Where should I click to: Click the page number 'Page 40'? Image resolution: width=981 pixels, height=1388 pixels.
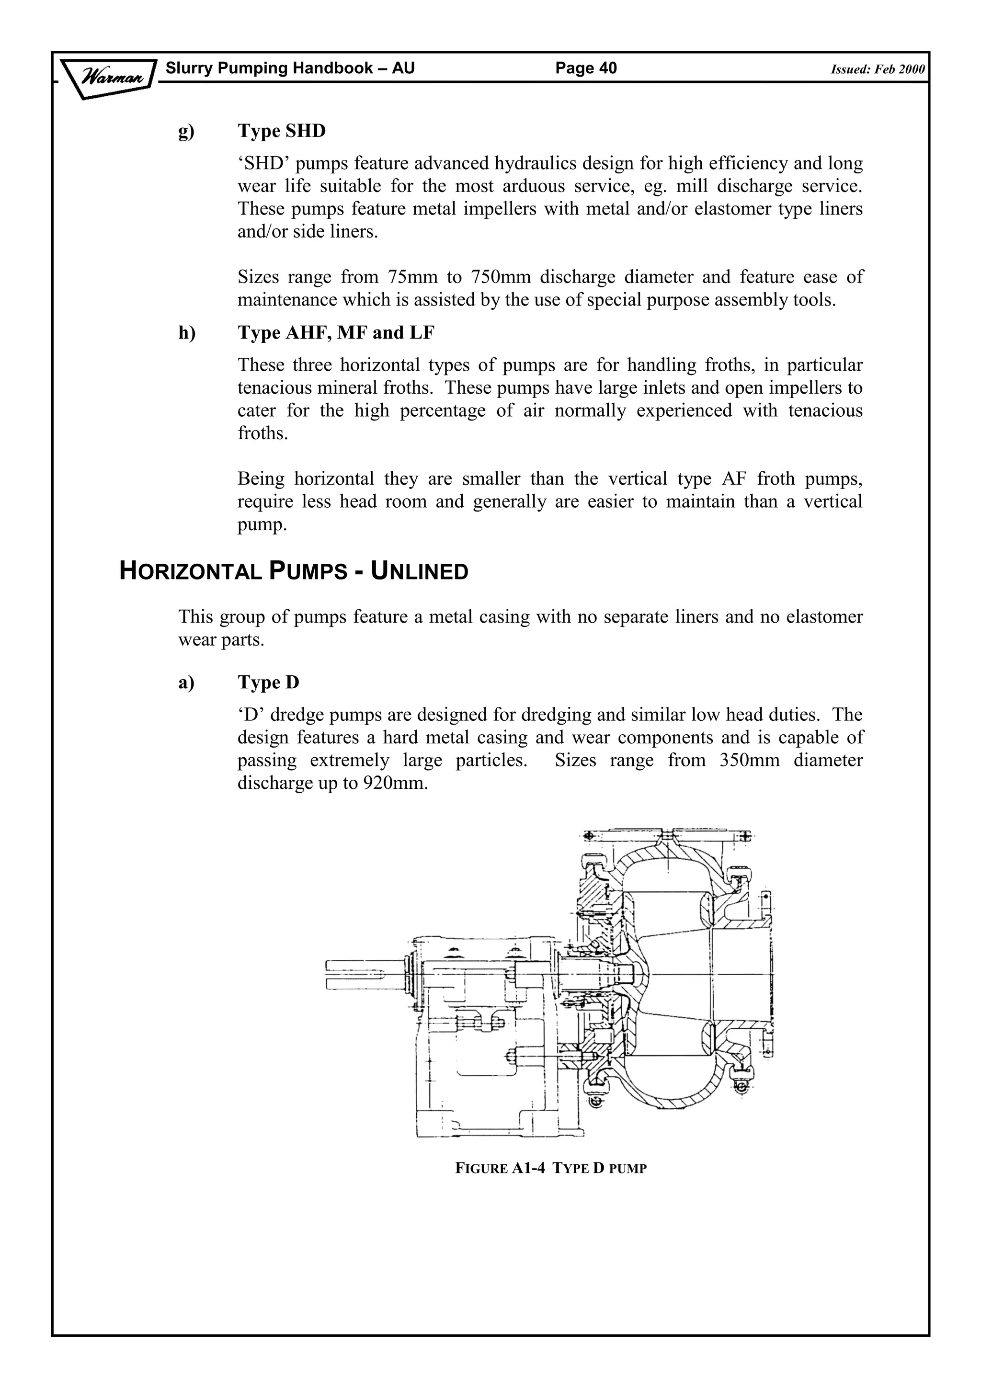[x=586, y=68]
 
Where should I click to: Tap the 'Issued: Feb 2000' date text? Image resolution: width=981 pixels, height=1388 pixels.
[x=877, y=69]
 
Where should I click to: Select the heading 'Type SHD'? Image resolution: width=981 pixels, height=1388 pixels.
[x=281, y=131]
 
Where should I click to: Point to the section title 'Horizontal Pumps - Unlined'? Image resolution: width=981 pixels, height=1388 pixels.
[x=294, y=571]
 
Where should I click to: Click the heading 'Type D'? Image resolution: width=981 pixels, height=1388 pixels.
[x=268, y=682]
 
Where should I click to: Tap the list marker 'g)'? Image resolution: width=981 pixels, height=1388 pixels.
[x=186, y=132]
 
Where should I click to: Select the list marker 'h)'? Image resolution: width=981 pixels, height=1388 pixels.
[x=187, y=332]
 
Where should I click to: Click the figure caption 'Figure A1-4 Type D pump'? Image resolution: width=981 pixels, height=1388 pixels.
[x=550, y=1168]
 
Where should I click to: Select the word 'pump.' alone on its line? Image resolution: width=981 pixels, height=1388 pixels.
[x=262, y=524]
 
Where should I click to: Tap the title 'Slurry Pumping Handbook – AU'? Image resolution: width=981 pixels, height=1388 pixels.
[x=290, y=68]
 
